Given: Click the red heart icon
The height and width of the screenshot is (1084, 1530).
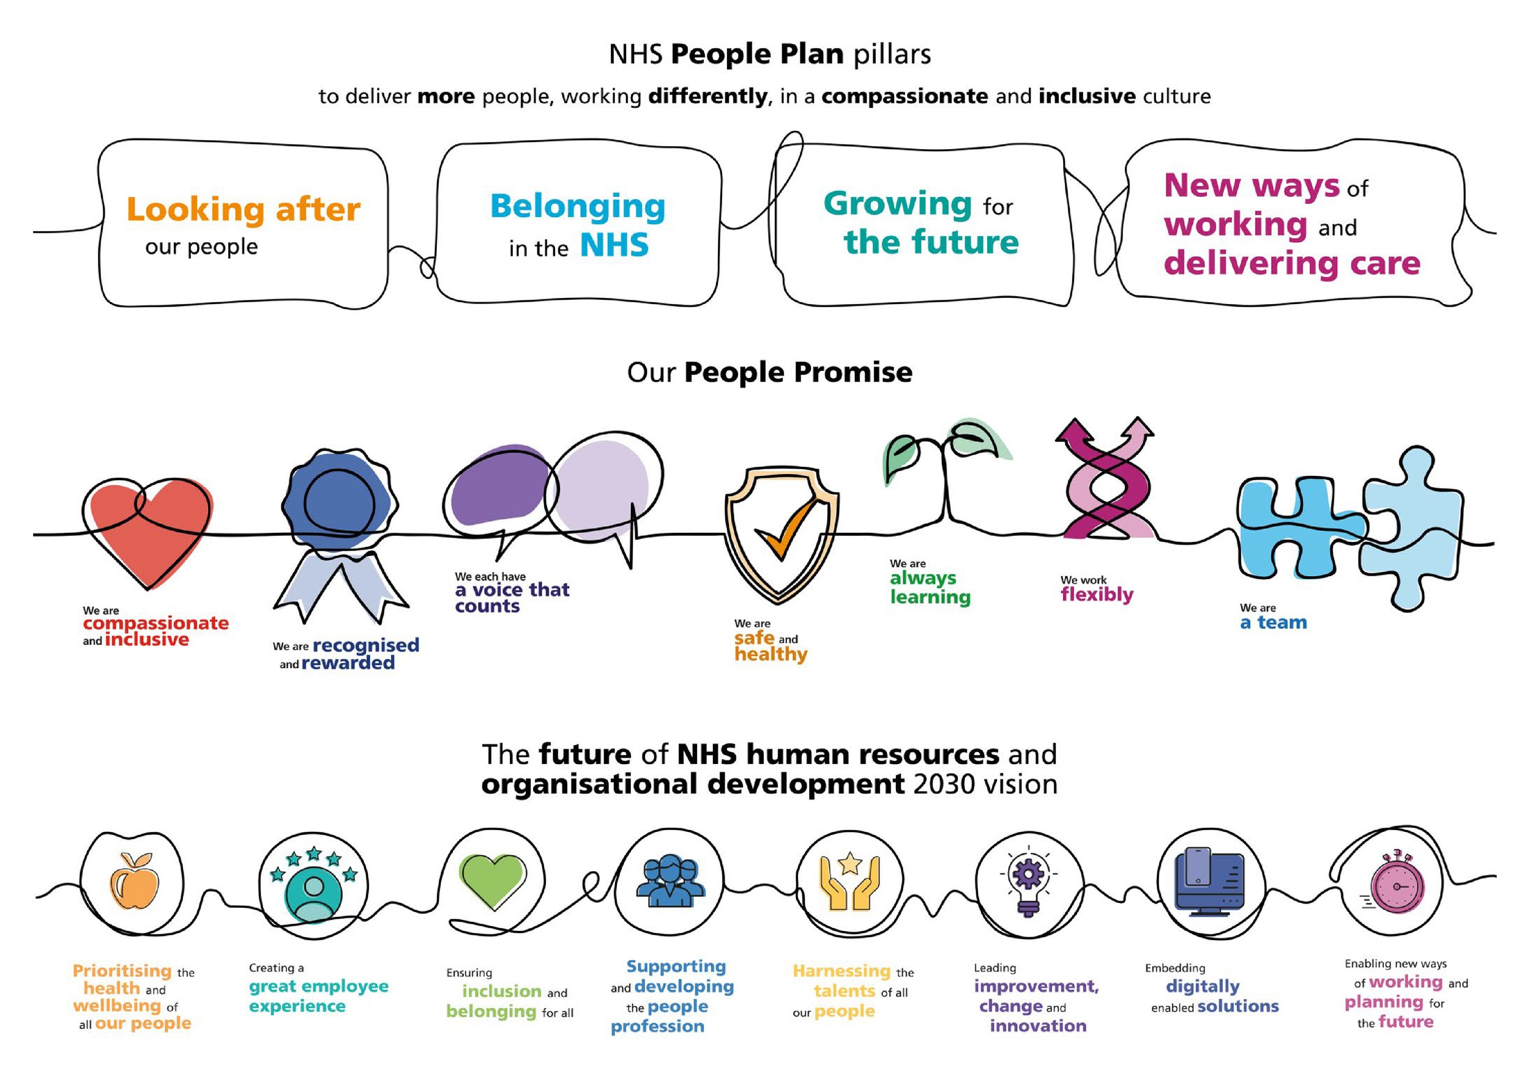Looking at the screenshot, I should pyautogui.click(x=151, y=530).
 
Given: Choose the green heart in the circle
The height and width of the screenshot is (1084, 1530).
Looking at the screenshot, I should pyautogui.click(x=492, y=880).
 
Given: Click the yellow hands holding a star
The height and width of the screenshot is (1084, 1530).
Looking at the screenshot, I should pyautogui.click(x=849, y=881).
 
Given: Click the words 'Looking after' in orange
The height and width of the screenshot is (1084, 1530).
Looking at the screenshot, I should pyautogui.click(x=243, y=209).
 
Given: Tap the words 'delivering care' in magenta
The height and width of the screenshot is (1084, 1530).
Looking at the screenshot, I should pyautogui.click(x=1291, y=263).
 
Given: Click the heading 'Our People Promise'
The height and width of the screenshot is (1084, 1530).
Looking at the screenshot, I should pyautogui.click(x=769, y=372).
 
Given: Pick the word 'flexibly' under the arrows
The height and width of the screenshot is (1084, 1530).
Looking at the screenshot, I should pyautogui.click(x=1097, y=594).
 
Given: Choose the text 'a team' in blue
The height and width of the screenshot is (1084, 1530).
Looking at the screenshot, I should pyautogui.click(x=1273, y=622).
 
